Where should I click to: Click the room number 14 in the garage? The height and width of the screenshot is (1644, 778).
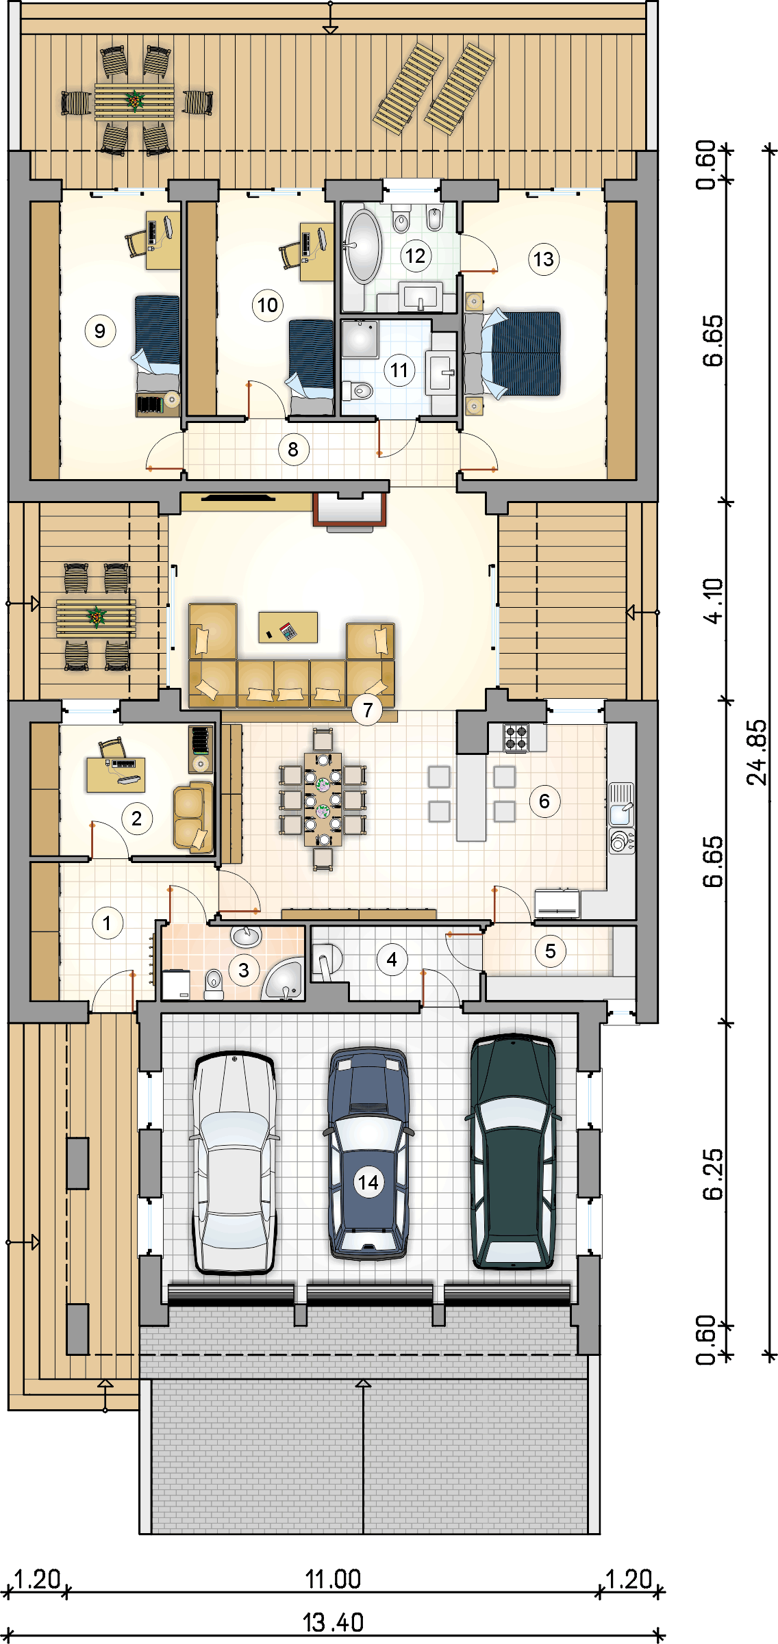coord(368,1182)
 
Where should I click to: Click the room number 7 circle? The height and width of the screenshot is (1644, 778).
coord(368,710)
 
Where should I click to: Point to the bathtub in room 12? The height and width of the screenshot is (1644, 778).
coord(362,246)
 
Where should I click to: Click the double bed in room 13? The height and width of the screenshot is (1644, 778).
coord(520,353)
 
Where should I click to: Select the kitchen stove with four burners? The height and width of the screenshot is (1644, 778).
coord(516,737)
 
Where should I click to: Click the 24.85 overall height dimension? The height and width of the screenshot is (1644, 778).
coord(757,752)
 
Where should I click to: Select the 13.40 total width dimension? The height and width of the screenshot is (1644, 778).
coord(333,1622)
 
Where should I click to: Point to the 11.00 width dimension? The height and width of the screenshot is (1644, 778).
coord(333,1579)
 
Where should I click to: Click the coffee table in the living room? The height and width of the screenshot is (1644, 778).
coord(288,627)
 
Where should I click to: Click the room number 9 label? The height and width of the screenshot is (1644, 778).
coord(100,331)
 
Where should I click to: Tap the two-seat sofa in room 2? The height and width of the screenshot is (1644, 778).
coord(192,817)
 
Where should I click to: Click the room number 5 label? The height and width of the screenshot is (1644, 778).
coord(551,951)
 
